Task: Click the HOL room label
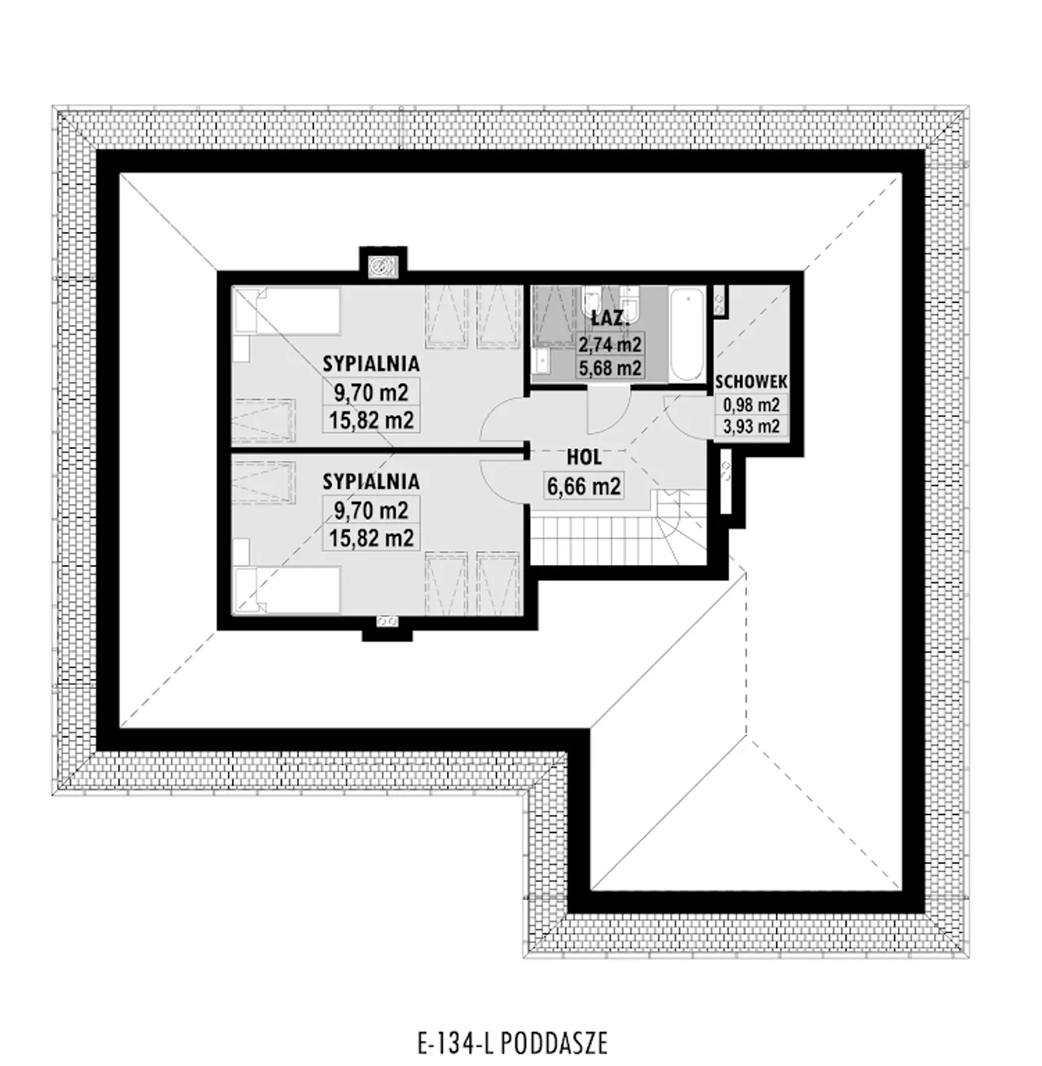pos(584,458)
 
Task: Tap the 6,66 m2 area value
pos(584,486)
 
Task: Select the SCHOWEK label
pos(751,382)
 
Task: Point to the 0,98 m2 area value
pos(751,405)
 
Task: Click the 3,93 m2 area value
pos(751,426)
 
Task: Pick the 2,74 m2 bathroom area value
pos(610,344)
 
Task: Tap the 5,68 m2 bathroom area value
pos(610,368)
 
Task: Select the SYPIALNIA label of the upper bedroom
pos(370,364)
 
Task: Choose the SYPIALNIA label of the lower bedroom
pos(370,481)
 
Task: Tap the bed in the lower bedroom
pos(287,590)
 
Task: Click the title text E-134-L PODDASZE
pos(513,1043)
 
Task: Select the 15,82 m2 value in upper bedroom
pos(370,421)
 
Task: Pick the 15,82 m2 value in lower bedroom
pos(370,538)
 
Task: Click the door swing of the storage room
pos(688,417)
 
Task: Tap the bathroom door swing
pos(608,410)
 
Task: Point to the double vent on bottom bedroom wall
pos(387,621)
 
